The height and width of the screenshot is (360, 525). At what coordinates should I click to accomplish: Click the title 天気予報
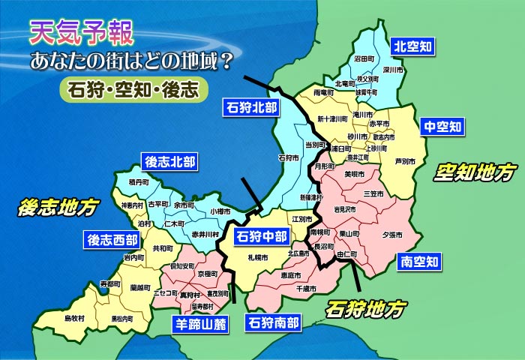click(82, 32)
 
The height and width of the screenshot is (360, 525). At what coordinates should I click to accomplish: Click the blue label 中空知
click(443, 125)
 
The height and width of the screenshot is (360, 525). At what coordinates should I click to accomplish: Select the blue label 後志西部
click(112, 240)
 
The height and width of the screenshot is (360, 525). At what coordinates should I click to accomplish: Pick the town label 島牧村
click(74, 318)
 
